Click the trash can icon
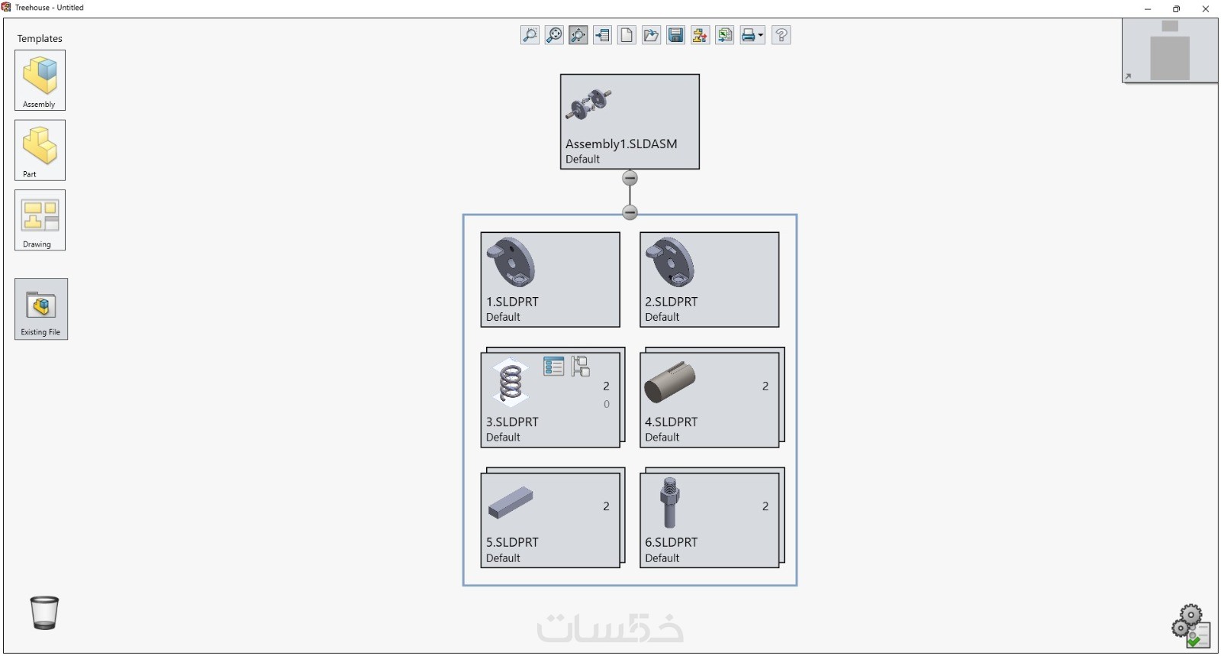coord(44,612)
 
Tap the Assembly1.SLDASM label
coord(620,144)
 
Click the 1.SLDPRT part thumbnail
coord(511,262)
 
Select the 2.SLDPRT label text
coord(671,302)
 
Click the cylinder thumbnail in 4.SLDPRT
coord(669,382)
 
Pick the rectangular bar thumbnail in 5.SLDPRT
coord(510,502)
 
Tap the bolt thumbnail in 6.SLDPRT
coord(669,502)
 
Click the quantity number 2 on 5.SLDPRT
coord(606,506)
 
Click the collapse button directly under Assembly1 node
coord(630,179)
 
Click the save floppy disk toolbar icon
coord(675,35)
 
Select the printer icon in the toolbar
coord(748,35)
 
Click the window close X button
coord(1206,9)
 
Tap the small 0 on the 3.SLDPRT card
coord(607,405)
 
